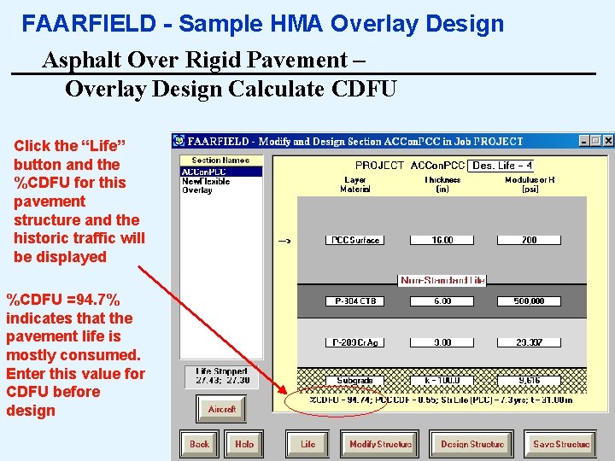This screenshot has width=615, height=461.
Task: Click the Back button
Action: point(199,444)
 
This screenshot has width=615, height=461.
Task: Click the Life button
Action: point(307,444)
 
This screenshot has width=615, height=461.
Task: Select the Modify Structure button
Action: point(380,444)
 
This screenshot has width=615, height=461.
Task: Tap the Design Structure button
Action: point(472,444)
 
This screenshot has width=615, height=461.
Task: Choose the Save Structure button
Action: point(561,444)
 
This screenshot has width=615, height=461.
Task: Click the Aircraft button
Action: point(222,410)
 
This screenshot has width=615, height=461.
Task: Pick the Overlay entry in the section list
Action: point(196,190)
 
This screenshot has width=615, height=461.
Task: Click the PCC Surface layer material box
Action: point(354,240)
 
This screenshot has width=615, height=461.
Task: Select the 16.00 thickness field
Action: point(442,240)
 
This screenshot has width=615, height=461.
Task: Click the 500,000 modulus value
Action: point(529,301)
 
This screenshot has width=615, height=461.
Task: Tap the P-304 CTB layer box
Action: point(354,301)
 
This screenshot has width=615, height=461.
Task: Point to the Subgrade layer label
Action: point(354,381)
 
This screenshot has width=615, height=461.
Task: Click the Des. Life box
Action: point(502,166)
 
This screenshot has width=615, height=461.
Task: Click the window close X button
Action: point(608,141)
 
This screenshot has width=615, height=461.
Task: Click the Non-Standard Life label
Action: point(442,280)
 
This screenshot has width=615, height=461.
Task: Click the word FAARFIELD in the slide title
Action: point(76,24)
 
